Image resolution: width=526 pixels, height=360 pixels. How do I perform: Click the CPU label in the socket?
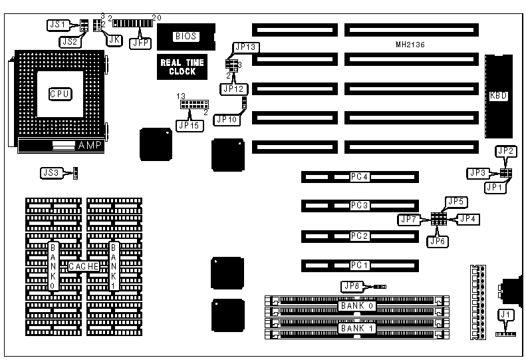[x=59, y=94]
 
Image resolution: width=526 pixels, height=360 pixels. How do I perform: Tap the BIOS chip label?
[x=184, y=37]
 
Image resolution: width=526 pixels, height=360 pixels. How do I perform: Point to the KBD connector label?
[x=498, y=96]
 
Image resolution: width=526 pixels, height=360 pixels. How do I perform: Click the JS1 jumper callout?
[x=58, y=24]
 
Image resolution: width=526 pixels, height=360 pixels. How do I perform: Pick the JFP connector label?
[x=142, y=42]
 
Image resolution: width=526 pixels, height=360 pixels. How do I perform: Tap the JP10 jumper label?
[x=227, y=120]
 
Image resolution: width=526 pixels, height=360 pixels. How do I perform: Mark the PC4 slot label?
[x=360, y=177]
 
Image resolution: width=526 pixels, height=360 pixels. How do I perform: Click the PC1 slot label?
[x=360, y=266]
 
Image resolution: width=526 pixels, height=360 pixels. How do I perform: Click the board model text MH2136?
[x=410, y=45]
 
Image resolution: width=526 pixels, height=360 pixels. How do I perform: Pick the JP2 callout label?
[x=506, y=152]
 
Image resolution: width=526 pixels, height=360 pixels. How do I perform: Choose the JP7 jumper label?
[x=407, y=219]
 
